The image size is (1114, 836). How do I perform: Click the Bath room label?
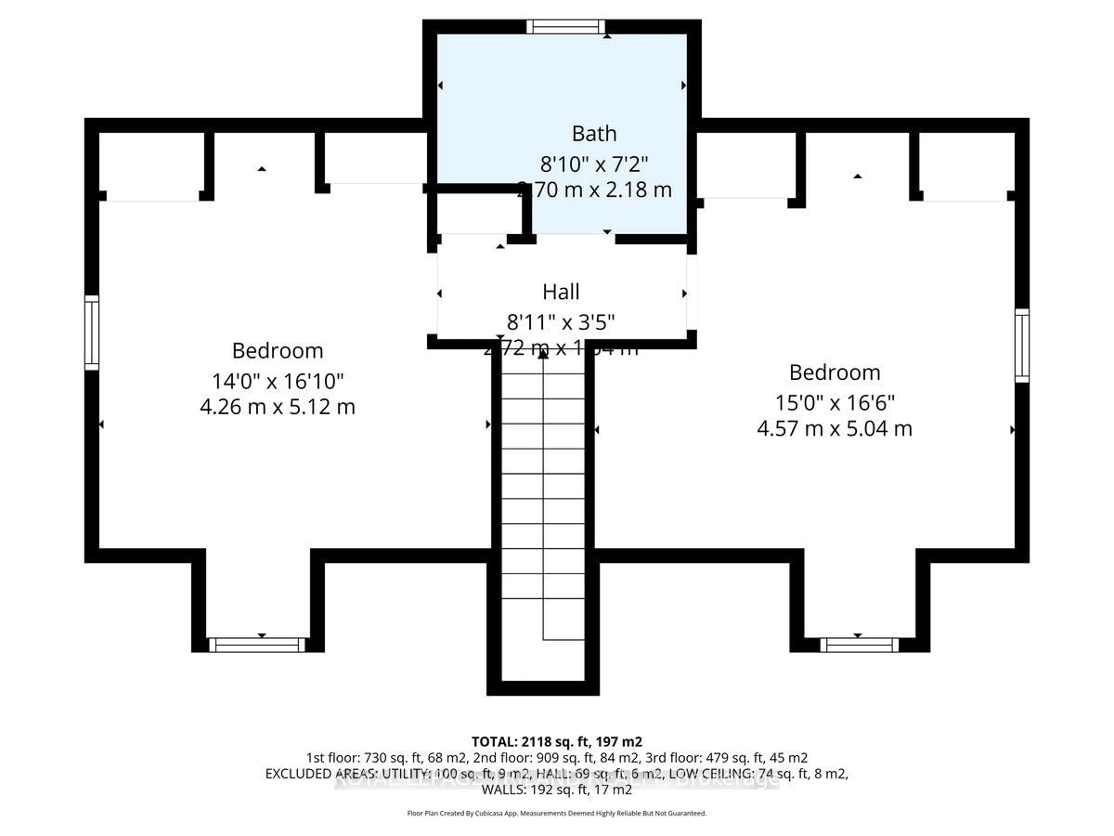click(593, 134)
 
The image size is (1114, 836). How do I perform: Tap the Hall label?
click(561, 292)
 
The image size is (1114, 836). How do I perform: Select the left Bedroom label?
click(278, 351)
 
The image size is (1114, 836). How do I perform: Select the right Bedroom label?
click(835, 372)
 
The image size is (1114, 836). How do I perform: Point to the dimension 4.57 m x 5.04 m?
click(835, 428)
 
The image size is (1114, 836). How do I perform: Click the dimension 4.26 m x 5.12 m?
click(278, 407)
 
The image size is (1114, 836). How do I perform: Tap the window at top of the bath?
click(566, 26)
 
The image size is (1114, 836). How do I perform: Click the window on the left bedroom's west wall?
click(92, 333)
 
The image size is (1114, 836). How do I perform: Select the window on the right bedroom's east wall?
click(1022, 346)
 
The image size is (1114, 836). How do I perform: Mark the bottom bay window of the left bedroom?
click(257, 645)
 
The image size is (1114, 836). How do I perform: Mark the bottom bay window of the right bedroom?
click(859, 645)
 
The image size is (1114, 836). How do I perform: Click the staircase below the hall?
click(543, 502)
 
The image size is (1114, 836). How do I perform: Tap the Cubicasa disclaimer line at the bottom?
click(556, 813)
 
